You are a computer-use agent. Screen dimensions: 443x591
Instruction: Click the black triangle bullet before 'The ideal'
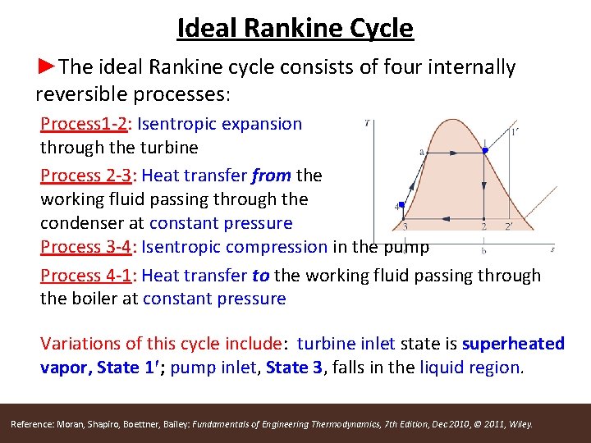[x=48, y=66]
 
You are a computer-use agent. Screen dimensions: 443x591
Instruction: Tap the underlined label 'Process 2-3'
[x=89, y=175]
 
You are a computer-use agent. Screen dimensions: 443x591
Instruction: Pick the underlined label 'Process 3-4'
[x=89, y=247]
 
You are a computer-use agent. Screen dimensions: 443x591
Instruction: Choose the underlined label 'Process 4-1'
[x=89, y=276]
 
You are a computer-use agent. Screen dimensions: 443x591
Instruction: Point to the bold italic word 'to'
[x=260, y=276]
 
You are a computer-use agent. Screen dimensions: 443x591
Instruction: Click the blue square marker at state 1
[x=485, y=150]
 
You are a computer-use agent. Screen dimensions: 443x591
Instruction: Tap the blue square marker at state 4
[x=402, y=204]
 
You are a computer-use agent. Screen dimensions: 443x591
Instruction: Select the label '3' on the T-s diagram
[x=405, y=226]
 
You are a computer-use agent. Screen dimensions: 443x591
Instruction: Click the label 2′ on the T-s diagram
[x=509, y=226]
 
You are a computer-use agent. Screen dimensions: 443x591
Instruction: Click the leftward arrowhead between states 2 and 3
[x=444, y=218]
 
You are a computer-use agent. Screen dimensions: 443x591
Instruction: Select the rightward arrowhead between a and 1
[x=451, y=150]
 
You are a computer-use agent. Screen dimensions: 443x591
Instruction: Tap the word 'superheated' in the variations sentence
[x=513, y=344]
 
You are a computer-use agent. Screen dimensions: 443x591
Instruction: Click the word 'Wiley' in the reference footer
[x=521, y=424]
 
